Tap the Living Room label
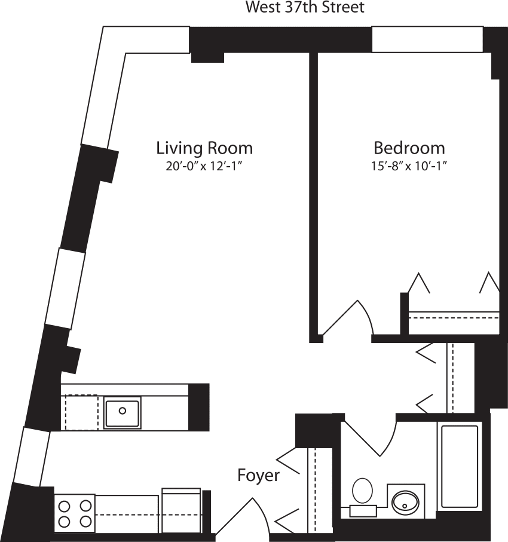pos(204,148)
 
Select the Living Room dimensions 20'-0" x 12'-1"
pos(204,167)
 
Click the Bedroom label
pos(409,148)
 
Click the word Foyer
pos(258,476)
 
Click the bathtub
pos(459,466)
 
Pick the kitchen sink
pos(123,411)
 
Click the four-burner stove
pos(75,513)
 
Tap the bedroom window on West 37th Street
pos(427,39)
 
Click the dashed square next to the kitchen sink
pos(81,412)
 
